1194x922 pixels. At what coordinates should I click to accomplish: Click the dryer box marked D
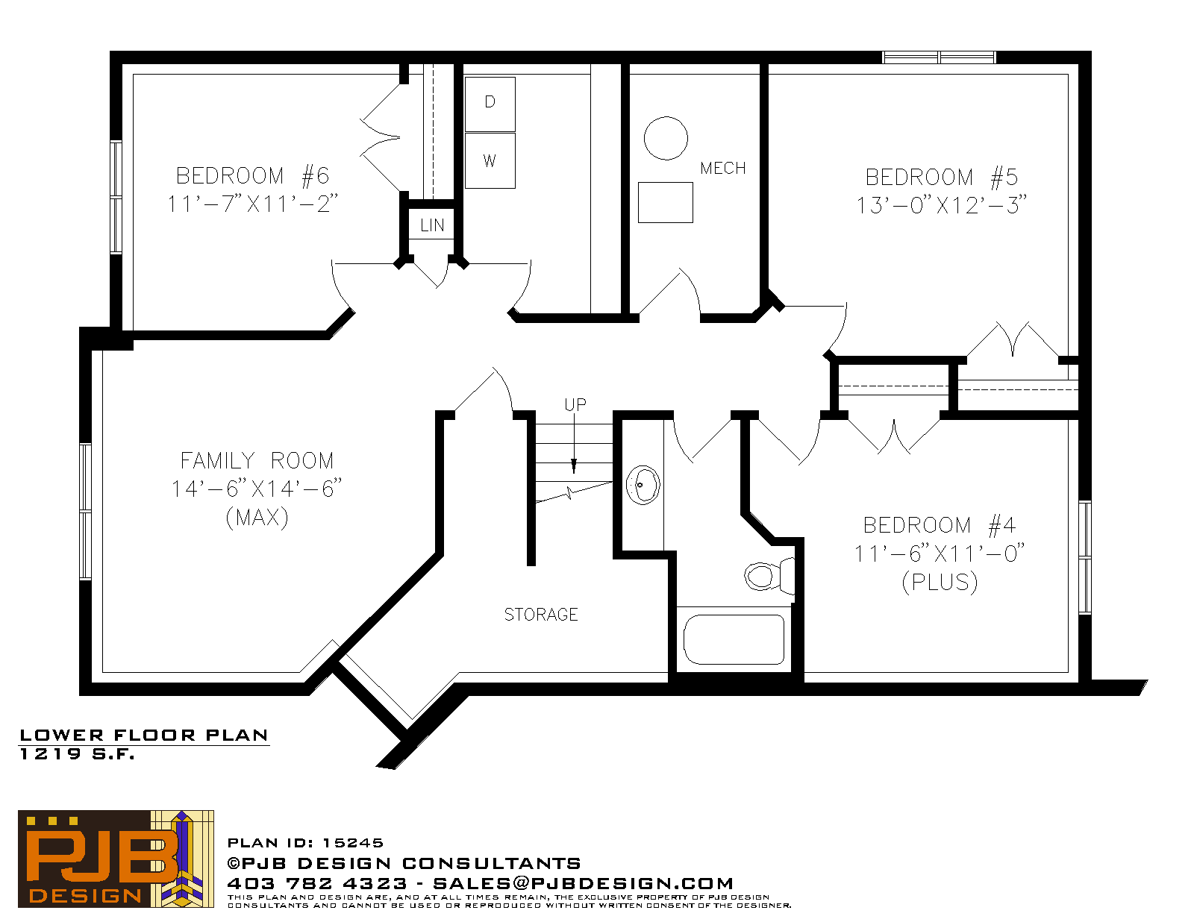[x=490, y=104]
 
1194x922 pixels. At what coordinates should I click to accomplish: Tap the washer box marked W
[x=490, y=161]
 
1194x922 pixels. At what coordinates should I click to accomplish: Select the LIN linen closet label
[x=432, y=225]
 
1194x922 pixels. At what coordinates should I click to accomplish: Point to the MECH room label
[x=722, y=168]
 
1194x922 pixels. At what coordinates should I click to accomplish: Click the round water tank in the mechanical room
[x=666, y=139]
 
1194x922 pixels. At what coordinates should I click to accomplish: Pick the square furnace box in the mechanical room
[x=666, y=203]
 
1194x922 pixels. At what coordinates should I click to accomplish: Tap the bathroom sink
[x=643, y=485]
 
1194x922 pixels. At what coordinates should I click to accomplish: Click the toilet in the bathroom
[x=769, y=575]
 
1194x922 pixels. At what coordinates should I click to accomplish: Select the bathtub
[x=734, y=639]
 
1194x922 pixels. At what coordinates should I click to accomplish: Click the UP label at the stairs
[x=575, y=405]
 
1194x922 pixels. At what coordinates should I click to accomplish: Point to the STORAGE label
[x=541, y=615]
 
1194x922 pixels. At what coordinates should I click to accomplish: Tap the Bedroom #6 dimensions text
[x=252, y=204]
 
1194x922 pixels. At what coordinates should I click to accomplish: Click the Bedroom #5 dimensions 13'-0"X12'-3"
[x=941, y=205]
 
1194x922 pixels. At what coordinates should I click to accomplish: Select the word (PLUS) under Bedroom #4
[x=940, y=582]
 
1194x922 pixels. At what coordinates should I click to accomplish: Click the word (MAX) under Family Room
[x=257, y=517]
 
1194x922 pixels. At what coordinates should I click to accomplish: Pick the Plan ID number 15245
[x=353, y=843]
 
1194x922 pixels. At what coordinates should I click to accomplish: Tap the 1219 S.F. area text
[x=78, y=754]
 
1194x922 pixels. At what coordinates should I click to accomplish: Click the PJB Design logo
[x=116, y=860]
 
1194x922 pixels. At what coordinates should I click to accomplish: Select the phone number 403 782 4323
[x=317, y=883]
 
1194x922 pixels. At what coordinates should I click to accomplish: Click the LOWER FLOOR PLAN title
[x=144, y=736]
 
